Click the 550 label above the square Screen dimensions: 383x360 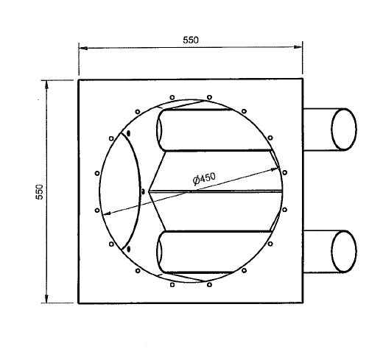[191, 40]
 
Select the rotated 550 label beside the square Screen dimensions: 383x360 [40, 192]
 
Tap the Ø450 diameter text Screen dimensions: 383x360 [204, 178]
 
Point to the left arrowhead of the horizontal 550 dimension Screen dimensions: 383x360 [83, 48]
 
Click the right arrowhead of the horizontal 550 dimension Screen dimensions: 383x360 [298, 47]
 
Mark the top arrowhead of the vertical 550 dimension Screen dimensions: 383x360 [46, 85]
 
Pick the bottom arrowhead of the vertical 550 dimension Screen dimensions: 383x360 [46, 299]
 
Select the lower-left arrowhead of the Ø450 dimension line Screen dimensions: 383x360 [107, 214]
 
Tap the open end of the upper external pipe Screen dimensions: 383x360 [344, 129]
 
